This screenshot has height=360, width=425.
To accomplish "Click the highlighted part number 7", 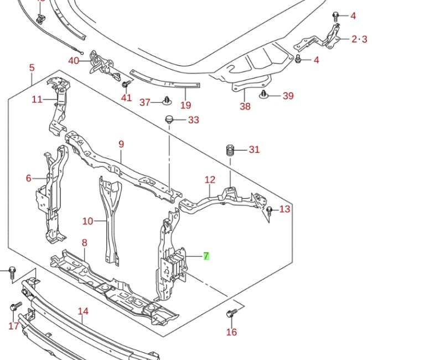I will (206, 256).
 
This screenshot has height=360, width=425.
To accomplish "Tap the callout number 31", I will (254, 149).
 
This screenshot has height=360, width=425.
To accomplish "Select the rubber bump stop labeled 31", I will (230, 150).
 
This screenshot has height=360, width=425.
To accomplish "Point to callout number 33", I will (193, 120).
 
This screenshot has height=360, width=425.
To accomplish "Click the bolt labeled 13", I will (269, 211).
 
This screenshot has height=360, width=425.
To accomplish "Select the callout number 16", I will (231, 332).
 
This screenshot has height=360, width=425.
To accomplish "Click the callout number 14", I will (82, 311).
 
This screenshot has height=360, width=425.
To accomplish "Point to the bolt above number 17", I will (14, 306).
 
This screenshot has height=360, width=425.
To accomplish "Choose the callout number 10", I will (87, 221).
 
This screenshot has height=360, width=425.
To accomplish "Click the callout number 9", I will (121, 144).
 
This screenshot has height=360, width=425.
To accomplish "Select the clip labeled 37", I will (167, 101).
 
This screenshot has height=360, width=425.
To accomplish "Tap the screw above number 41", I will (126, 83).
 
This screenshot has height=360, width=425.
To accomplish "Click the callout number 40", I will (74, 60).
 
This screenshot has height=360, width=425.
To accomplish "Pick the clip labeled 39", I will (265, 95).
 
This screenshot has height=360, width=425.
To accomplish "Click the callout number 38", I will (245, 106).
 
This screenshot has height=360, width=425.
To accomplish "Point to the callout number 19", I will (185, 105).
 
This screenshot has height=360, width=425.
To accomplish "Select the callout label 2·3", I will (359, 39).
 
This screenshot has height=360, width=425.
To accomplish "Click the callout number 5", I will (32, 68).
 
